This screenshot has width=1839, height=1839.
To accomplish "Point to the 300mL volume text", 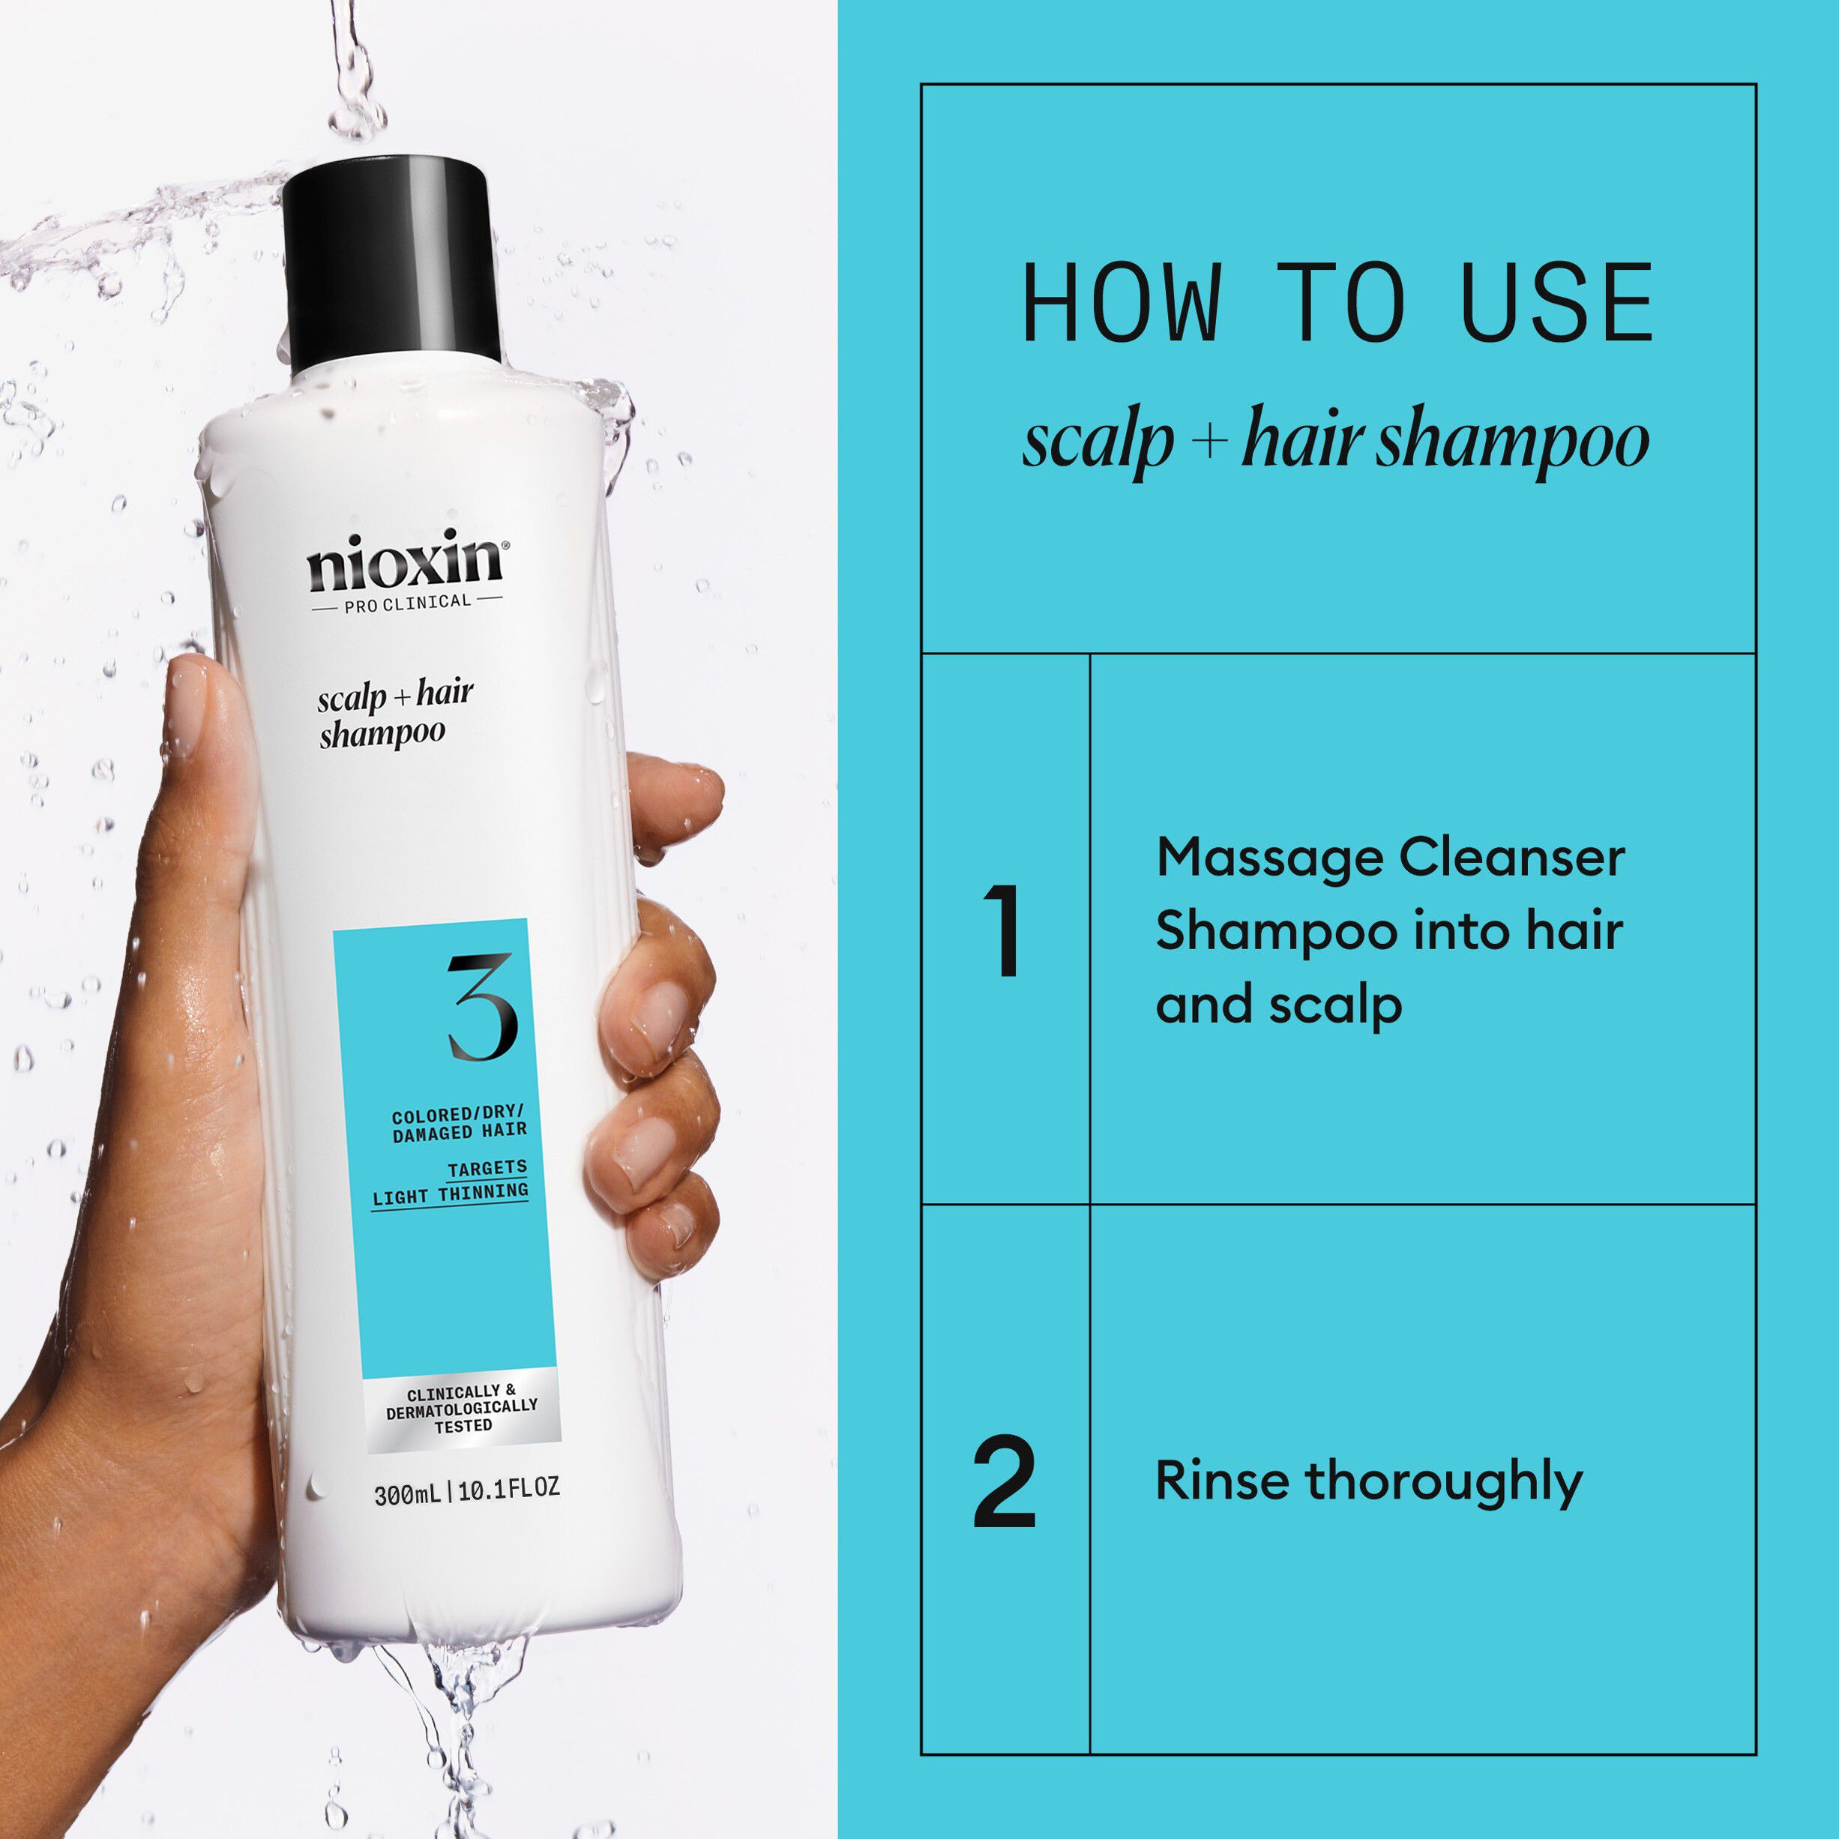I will click(407, 1494).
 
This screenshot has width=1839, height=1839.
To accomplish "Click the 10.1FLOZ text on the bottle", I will click(509, 1490).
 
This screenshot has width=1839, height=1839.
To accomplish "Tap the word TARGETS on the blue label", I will click(487, 1168).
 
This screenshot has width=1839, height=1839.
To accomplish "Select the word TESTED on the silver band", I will click(463, 1426).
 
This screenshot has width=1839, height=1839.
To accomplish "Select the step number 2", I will click(1005, 1481).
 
